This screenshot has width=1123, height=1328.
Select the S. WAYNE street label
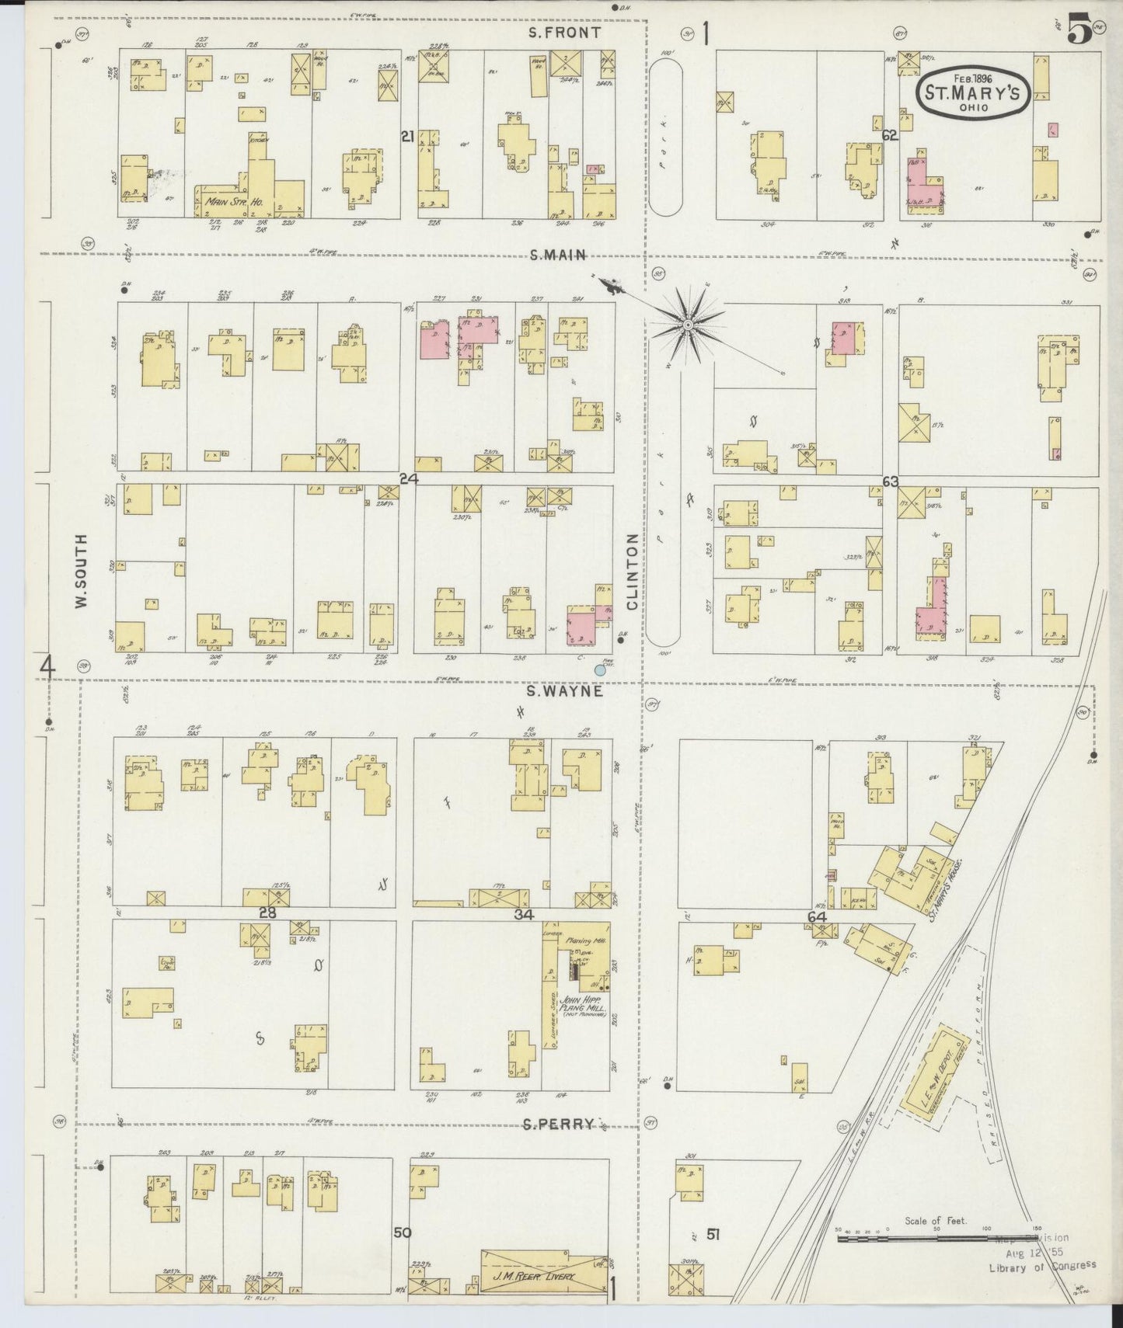[x=563, y=691]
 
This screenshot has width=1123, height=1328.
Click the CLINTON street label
[x=632, y=571]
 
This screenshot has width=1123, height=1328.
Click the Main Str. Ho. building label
[x=232, y=202]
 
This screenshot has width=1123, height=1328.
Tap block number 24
[x=409, y=479]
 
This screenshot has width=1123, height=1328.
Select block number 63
[x=890, y=481]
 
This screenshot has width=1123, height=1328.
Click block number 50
[x=402, y=1232]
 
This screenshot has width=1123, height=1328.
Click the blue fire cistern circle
[x=600, y=669]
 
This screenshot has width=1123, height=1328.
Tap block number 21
[x=406, y=137]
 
